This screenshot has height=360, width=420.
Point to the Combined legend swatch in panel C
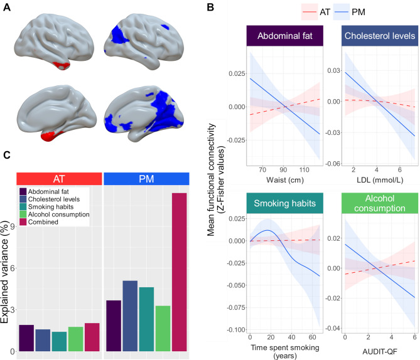24,222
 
